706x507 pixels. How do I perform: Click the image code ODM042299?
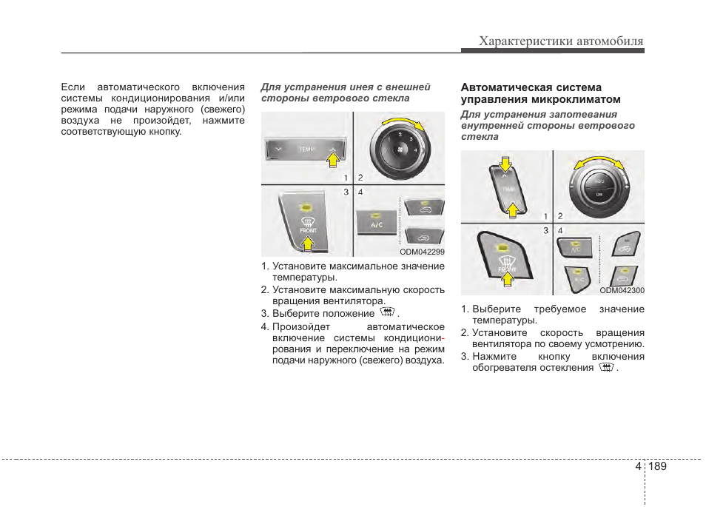(x=422, y=252)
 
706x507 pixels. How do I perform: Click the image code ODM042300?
(x=622, y=291)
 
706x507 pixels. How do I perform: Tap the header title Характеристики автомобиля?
(x=561, y=41)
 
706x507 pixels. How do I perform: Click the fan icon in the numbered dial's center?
(x=400, y=149)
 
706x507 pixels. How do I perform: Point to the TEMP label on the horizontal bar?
(x=306, y=150)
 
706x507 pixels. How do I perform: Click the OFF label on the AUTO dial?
(x=597, y=195)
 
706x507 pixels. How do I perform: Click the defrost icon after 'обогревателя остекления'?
(x=606, y=367)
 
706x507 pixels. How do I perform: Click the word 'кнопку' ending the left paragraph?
(x=164, y=132)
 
